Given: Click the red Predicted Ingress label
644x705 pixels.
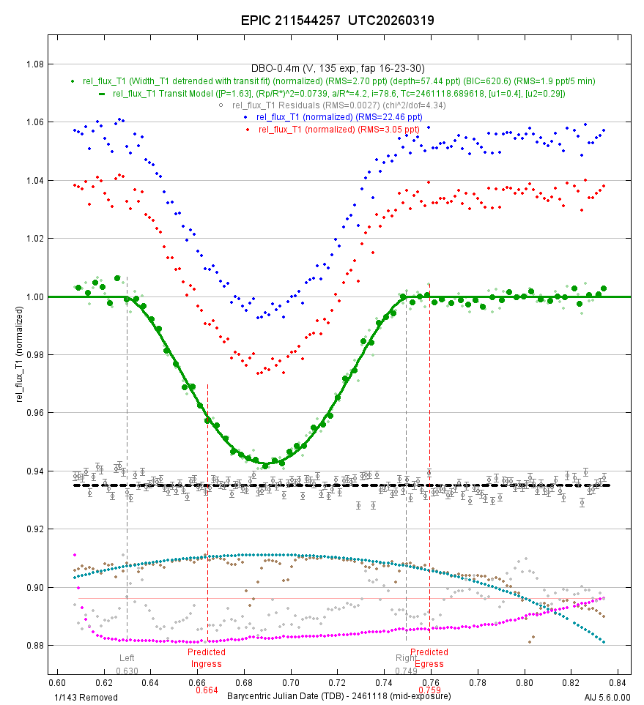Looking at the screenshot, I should tap(206, 658).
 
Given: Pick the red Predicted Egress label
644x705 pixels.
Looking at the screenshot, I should tap(429, 658).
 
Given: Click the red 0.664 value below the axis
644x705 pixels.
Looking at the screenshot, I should tap(207, 690).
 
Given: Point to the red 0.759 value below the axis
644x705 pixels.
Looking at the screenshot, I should tap(429, 690).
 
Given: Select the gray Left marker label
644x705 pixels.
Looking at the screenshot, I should tap(127, 658).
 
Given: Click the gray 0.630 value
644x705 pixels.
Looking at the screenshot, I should tap(127, 671).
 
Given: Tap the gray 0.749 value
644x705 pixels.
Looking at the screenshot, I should tap(406, 671).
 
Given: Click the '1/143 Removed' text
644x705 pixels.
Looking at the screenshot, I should tap(86, 697).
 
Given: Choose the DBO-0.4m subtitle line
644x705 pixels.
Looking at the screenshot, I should tap(338, 68).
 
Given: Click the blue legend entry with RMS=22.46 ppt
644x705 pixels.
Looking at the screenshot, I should tap(339, 117).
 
